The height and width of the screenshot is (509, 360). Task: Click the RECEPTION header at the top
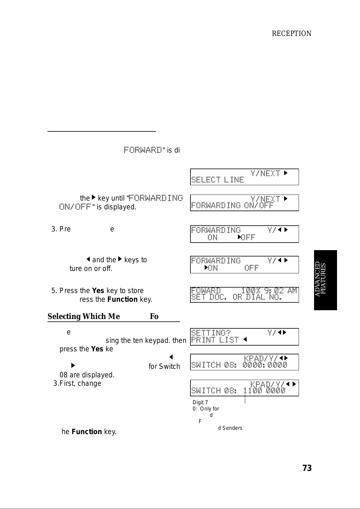click(291, 34)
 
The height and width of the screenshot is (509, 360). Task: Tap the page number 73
click(307, 468)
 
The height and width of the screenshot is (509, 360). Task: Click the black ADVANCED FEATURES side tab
click(325, 280)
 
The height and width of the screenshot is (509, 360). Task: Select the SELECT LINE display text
click(217, 180)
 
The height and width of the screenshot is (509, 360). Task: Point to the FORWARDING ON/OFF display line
click(232, 206)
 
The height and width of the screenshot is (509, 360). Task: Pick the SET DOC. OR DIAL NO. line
click(236, 297)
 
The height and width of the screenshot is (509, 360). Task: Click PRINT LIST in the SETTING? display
click(215, 340)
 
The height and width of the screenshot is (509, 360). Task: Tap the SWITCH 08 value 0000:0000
click(265, 365)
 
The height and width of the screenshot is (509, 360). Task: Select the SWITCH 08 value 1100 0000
click(264, 391)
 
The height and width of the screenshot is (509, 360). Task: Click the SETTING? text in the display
click(211, 333)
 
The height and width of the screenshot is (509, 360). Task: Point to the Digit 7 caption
click(200, 402)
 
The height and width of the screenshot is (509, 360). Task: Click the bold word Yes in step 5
click(98, 291)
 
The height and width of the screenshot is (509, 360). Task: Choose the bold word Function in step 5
click(122, 300)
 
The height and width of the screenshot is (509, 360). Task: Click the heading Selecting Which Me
click(83, 317)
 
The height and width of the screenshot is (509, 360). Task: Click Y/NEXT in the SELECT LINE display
click(265, 173)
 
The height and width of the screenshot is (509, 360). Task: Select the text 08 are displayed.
click(87, 375)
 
